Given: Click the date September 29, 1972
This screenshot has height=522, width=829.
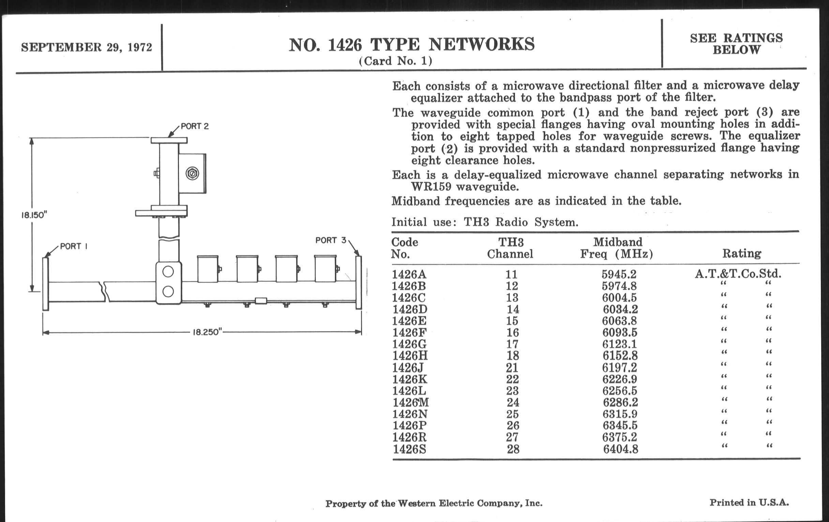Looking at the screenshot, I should [87, 47].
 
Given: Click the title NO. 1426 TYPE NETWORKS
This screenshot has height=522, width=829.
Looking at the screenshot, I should [411, 45].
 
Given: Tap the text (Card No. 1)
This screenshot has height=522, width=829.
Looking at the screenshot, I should [395, 61].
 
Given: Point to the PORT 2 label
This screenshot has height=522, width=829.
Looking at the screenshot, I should [195, 127].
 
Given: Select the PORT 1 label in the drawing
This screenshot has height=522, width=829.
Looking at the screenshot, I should [73, 246].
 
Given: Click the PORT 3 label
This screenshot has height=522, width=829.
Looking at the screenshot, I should [331, 240].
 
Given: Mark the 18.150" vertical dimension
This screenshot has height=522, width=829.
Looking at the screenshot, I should [34, 215].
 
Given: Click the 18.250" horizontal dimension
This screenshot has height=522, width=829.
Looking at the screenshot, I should [206, 332].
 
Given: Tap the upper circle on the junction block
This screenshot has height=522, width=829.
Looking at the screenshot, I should [168, 272].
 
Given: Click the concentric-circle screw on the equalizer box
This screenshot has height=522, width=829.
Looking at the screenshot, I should [192, 173].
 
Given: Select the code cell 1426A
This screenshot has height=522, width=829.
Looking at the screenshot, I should [409, 275].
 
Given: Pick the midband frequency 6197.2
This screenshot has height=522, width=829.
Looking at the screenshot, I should [619, 368].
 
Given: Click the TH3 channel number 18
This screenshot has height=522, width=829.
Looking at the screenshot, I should [512, 356].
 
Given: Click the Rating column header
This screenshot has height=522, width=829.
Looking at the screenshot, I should [741, 253].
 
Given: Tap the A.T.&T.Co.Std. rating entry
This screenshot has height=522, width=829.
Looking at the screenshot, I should [738, 274].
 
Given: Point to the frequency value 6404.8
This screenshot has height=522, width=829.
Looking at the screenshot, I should [620, 449].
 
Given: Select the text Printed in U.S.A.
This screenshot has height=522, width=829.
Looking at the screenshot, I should [749, 503].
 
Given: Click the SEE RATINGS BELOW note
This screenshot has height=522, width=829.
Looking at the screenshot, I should [736, 44].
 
